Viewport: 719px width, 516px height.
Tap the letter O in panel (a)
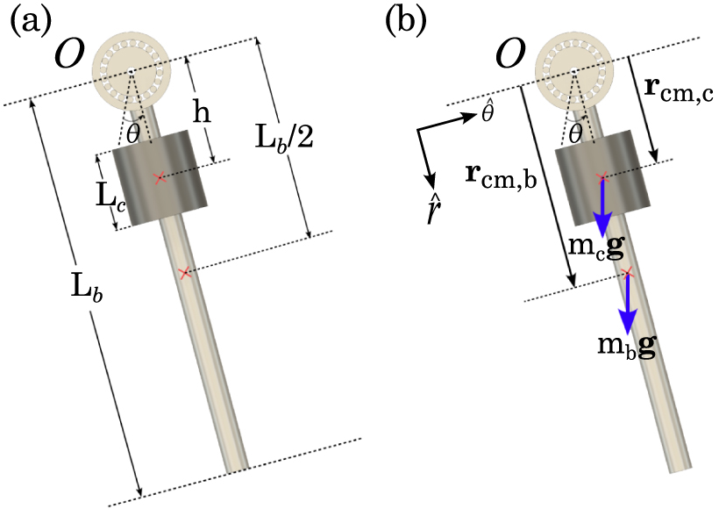pos(71,55)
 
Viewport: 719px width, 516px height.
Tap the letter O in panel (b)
pos(509,55)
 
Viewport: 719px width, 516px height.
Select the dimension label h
pos(203,113)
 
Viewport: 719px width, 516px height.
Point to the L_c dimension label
pos(85,195)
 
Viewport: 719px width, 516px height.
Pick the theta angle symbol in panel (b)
pos(575,133)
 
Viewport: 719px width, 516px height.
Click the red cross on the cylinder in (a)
pos(159,178)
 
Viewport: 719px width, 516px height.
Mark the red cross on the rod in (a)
pos(184,274)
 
